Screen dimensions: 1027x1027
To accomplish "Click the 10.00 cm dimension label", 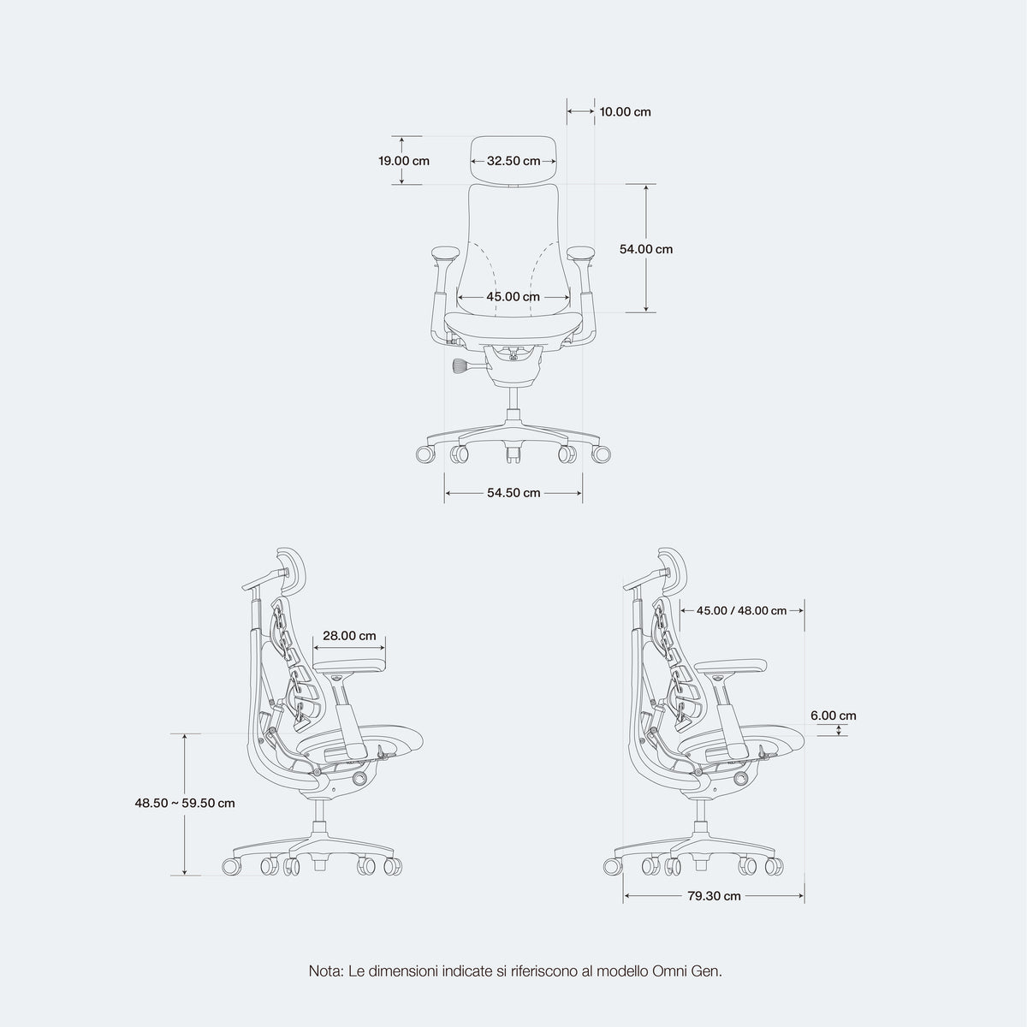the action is click(x=625, y=112).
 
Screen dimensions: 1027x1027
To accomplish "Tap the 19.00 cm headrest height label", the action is click(x=404, y=161).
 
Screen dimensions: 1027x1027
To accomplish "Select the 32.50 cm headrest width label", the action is click(x=513, y=161).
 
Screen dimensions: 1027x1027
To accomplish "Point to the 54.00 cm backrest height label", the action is click(x=646, y=249).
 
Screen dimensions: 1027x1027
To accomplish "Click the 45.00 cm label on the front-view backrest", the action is click(x=513, y=297).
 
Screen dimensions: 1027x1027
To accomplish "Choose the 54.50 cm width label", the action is click(x=513, y=493).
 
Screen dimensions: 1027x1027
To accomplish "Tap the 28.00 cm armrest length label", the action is click(x=349, y=636).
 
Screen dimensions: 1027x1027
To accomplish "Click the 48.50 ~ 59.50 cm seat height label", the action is click(x=184, y=803).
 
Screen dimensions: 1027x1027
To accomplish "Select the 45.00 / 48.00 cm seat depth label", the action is click(x=741, y=611).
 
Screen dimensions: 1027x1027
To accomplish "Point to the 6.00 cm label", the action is click(x=834, y=715).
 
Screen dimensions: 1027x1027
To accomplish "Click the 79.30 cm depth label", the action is click(x=714, y=896).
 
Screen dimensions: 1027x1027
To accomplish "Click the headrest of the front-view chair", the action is click(x=513, y=160).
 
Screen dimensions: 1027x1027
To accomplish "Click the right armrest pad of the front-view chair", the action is click(x=581, y=252).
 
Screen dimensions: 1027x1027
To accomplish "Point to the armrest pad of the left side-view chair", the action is click(x=349, y=666).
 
